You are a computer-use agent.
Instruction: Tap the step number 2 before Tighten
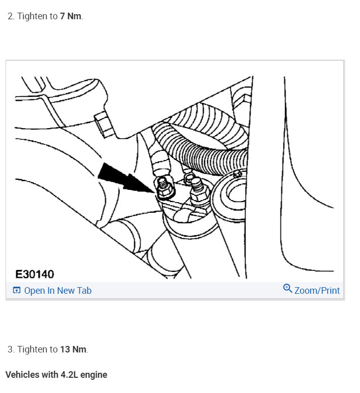pos(10,16)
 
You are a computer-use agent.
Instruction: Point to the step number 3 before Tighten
pos(10,349)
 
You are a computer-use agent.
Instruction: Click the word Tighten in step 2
pos(32,16)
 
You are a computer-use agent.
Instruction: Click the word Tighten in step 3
pos(32,349)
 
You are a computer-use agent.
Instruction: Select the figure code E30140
pos(34,274)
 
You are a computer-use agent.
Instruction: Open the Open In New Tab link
pos(57,291)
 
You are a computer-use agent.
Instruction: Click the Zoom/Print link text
pos(317,291)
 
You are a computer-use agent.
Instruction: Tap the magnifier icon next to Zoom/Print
pos(288,289)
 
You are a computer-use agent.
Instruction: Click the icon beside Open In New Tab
pos(17,291)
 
